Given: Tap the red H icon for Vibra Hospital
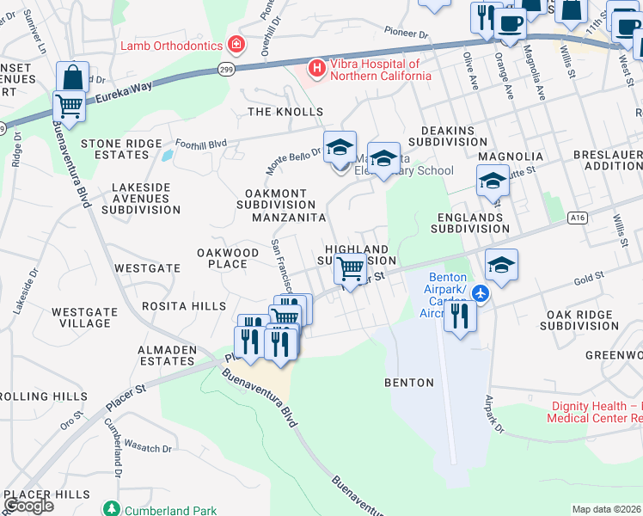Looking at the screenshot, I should coord(316,67).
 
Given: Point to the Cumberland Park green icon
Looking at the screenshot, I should coord(110,510).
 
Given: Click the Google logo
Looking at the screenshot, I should coord(28,505).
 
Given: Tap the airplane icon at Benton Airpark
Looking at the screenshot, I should coord(480,294).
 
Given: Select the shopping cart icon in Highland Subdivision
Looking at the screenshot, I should coord(350,269).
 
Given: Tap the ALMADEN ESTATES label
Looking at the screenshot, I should coord(167,355).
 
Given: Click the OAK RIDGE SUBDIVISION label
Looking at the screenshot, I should coord(579,320).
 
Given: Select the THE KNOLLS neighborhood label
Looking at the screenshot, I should coord(285,112).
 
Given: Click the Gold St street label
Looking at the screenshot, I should coord(589,279).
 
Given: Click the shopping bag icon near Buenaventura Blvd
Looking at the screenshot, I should coord(73,77).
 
